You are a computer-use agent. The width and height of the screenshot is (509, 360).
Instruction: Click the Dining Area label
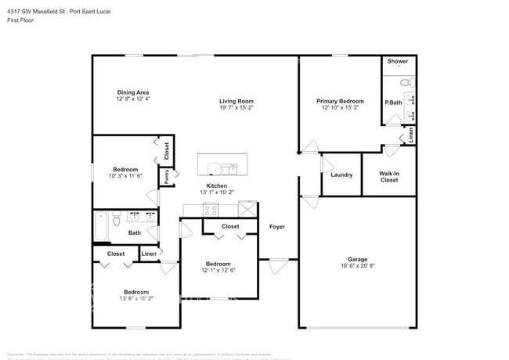(132, 92)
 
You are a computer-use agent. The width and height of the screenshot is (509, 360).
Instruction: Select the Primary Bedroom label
(340, 101)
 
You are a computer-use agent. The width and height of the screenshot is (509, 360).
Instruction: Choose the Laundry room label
(341, 175)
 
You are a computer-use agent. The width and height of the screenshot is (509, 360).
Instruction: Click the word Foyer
(277, 227)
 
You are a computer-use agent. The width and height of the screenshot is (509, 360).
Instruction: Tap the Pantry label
(166, 177)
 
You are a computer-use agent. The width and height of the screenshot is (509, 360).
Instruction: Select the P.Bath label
(392, 103)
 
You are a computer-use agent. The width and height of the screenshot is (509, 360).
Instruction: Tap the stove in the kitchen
(211, 209)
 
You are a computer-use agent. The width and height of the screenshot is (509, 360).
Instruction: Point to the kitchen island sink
(229, 167)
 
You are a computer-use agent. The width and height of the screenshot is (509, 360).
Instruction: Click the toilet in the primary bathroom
(405, 81)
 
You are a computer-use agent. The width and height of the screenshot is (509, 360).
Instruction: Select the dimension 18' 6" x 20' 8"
(357, 267)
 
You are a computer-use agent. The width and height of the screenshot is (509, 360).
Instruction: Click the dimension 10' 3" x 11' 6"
(125, 176)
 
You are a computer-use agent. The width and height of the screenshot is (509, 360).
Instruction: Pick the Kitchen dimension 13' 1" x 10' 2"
(216, 192)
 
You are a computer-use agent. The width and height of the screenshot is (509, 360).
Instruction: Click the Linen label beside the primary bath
(411, 135)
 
